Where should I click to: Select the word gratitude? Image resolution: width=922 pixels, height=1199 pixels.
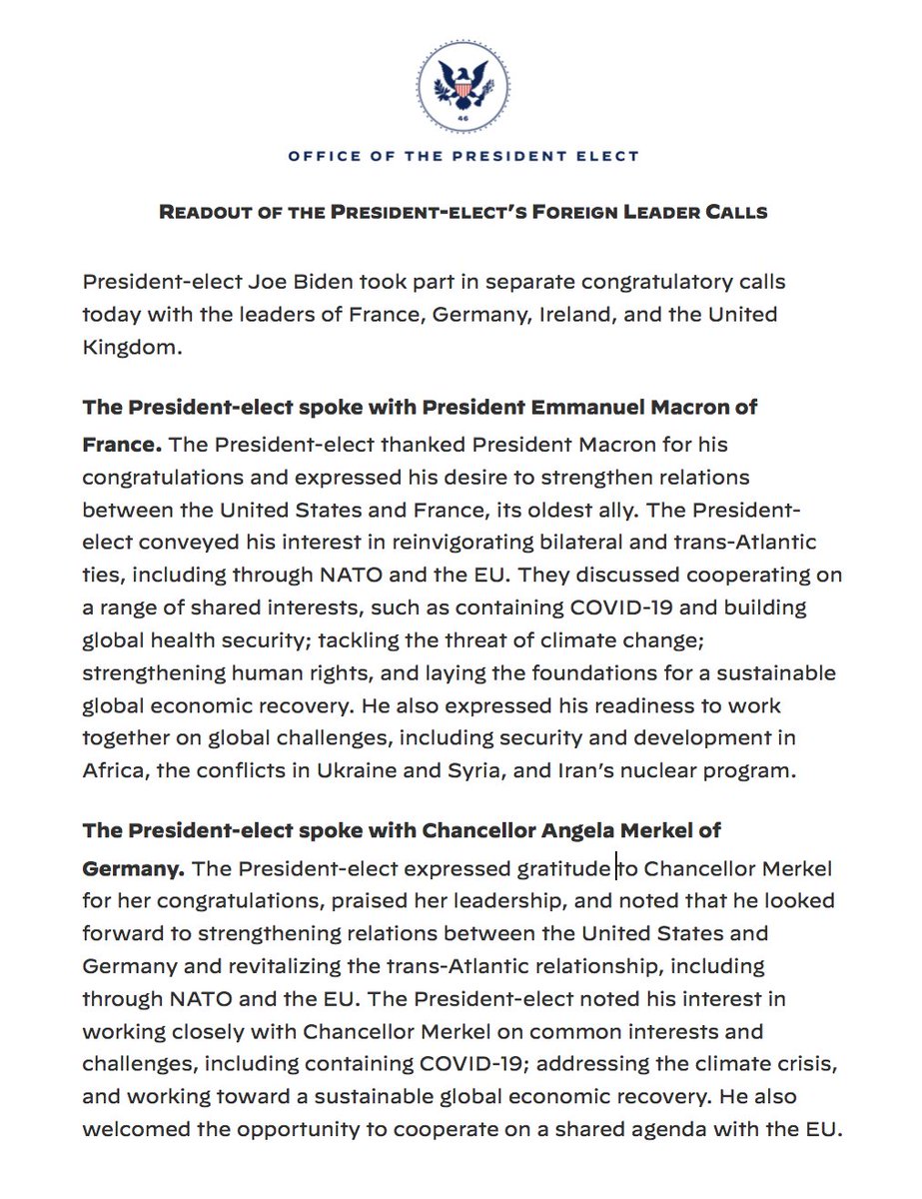561,869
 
